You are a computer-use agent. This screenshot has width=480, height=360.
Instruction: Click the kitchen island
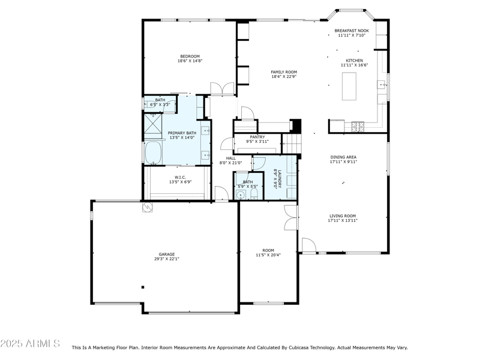click(x=349, y=86)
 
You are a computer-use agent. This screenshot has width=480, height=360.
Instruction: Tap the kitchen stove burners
click(x=358, y=125)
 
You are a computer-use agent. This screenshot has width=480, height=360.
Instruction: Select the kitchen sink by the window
click(x=382, y=85)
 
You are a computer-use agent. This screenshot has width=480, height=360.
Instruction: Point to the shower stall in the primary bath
click(x=153, y=125)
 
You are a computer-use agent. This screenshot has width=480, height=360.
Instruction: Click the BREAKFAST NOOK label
click(x=352, y=30)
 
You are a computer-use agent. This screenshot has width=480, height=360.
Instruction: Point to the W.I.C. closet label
click(x=180, y=177)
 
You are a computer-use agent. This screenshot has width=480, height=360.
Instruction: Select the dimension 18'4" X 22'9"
click(x=284, y=77)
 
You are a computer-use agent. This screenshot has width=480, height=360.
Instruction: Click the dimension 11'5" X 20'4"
click(x=268, y=255)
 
